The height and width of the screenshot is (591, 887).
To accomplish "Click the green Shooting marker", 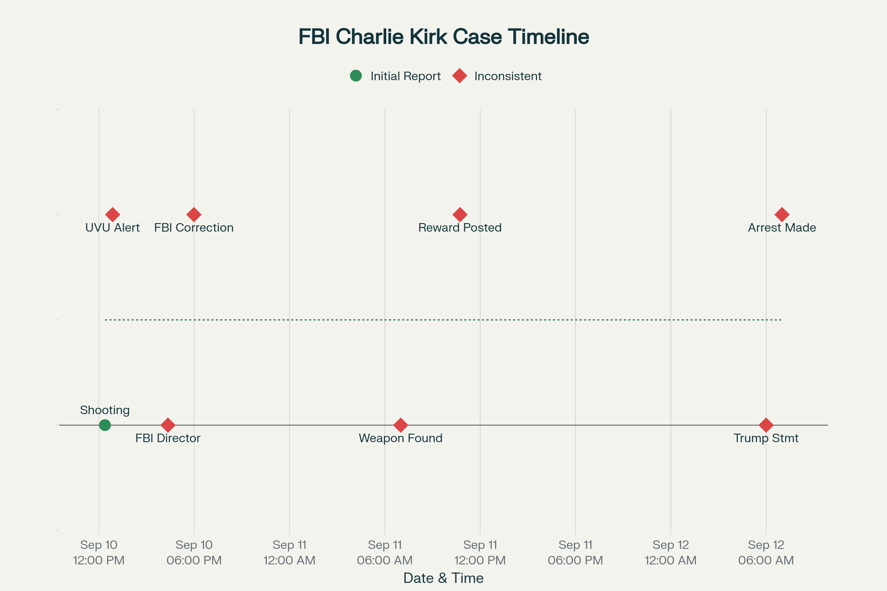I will coord(105,425).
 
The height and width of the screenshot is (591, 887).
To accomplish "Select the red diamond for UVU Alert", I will coord(112,215).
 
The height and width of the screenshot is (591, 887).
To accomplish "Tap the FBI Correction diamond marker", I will coord(194,215).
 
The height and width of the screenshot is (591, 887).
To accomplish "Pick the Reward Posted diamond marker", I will coord(460,215).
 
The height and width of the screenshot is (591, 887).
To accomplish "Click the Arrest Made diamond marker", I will coord(782,215).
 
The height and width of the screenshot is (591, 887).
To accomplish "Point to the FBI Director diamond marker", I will coord(168,425).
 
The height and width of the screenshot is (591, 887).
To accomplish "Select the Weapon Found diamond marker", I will coord(401,425).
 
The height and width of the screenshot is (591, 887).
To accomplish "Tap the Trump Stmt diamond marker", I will coord(766,425).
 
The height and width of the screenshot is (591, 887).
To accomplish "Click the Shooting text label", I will coord(105,410).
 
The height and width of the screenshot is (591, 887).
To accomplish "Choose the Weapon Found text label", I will coord(401,438).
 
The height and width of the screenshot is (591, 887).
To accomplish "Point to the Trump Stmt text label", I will coord(766,438).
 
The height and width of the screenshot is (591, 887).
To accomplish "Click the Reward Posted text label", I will coord(460,228).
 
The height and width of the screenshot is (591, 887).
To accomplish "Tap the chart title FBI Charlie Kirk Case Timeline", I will coord(443,37).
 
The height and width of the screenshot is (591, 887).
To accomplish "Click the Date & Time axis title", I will coord(443,578).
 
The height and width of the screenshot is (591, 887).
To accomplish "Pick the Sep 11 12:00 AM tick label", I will coord(289,553).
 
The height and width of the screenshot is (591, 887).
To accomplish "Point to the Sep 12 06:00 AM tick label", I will coord(766,553).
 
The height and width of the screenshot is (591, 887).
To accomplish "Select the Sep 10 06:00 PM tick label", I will coord(194,553).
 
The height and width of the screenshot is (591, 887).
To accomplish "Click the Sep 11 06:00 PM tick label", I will coord(575,553).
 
